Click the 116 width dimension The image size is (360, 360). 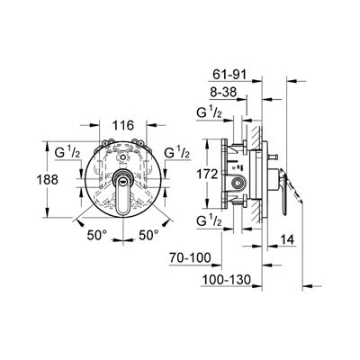[x=123, y=125]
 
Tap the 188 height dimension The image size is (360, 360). [x=47, y=180]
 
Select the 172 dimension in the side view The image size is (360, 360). [x=207, y=174]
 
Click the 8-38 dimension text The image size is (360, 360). [x=223, y=92]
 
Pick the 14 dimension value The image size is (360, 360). [x=287, y=239]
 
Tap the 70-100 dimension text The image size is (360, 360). [x=191, y=257]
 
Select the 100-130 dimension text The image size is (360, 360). [x=226, y=280]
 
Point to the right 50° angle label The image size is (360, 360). [x=148, y=235]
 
